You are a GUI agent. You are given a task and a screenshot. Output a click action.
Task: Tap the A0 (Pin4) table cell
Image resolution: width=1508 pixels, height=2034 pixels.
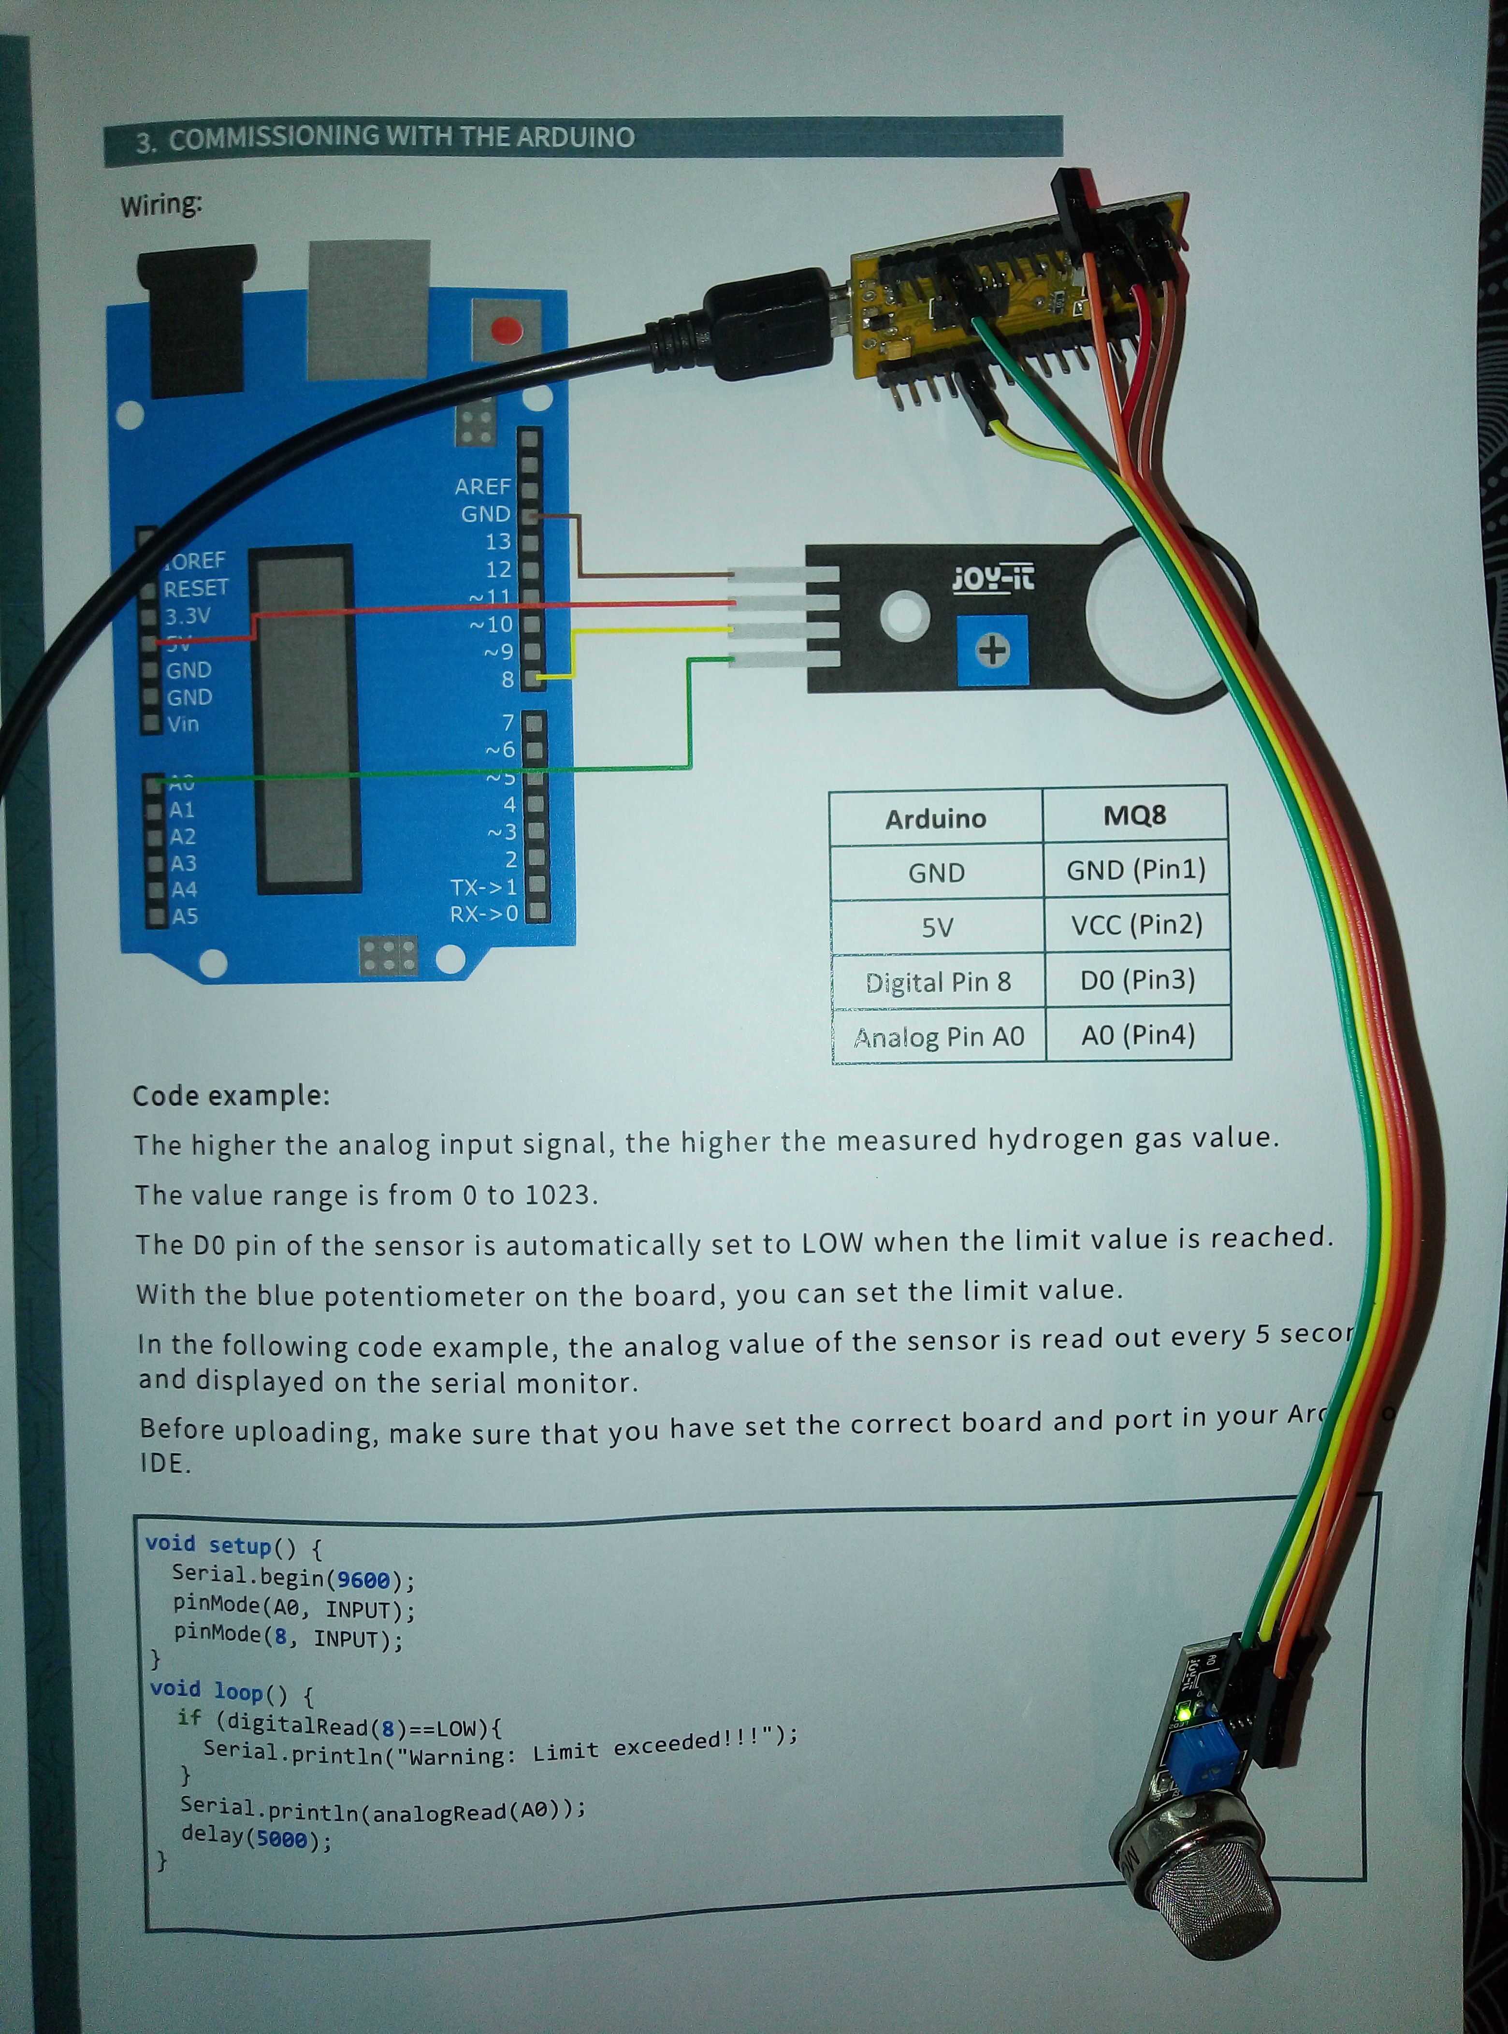click(1137, 1035)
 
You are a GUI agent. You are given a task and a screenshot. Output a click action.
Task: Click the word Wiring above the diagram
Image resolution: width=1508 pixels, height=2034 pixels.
click(160, 204)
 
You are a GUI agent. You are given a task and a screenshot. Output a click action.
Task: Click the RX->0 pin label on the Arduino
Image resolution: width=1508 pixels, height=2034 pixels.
click(484, 914)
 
